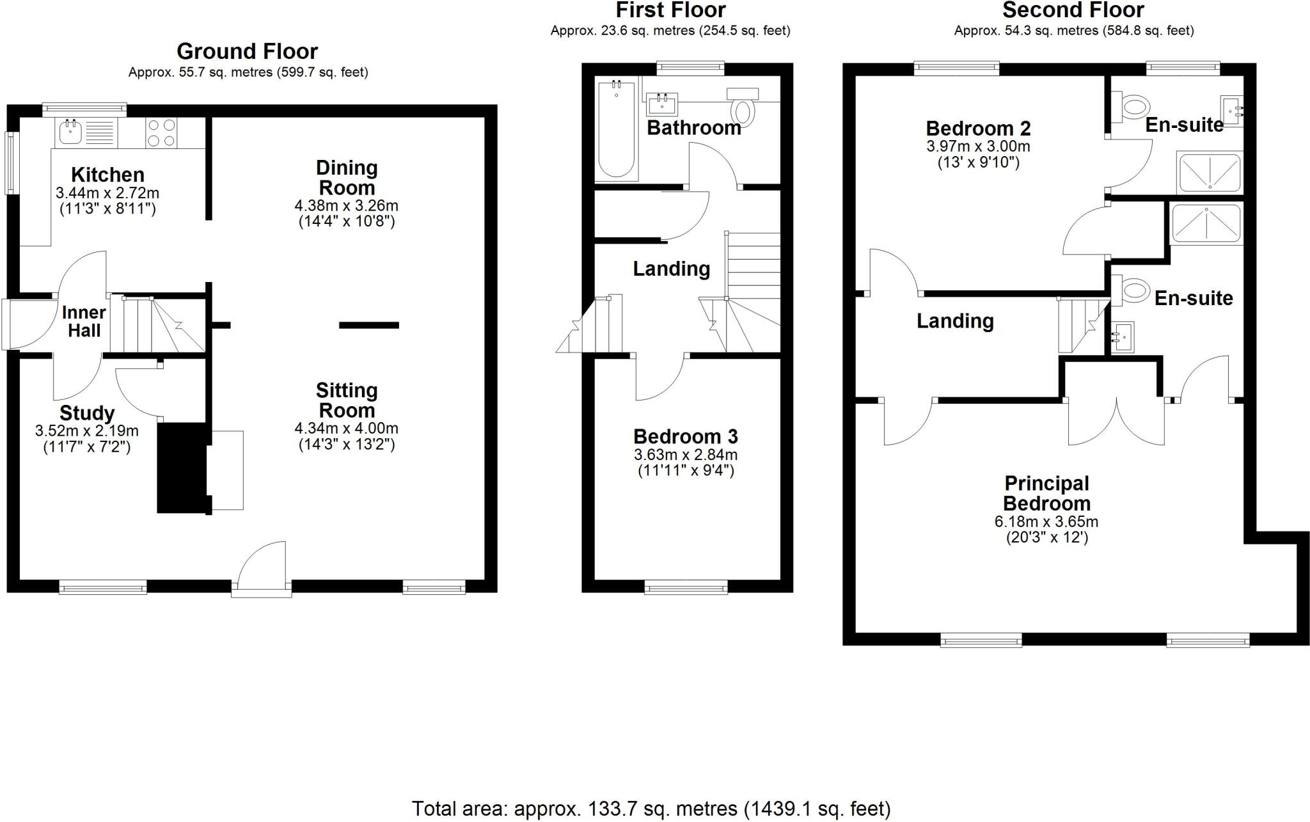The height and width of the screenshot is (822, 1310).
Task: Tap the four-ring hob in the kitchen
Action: click(161, 133)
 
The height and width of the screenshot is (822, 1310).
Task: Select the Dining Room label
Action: click(347, 178)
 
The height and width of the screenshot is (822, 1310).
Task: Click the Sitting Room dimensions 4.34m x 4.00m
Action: click(346, 429)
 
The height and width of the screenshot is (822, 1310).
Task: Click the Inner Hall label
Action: click(84, 321)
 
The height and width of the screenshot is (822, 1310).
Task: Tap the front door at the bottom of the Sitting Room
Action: click(262, 569)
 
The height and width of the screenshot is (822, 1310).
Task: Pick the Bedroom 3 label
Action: click(685, 437)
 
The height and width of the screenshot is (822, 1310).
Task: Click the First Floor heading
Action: click(670, 10)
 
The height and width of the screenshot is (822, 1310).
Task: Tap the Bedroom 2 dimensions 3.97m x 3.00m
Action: click(978, 146)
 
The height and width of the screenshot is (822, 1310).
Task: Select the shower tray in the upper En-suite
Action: click(1209, 173)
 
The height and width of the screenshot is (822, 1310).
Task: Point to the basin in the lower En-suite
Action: click(1122, 336)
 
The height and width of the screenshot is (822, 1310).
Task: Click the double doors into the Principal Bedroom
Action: click(1116, 420)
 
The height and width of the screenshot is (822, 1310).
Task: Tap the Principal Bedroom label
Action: click(1046, 493)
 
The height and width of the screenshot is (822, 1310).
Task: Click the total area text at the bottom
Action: click(651, 809)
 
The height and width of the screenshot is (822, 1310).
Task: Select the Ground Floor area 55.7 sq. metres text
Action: click(248, 72)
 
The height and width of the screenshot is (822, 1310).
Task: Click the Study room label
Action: click(87, 413)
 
